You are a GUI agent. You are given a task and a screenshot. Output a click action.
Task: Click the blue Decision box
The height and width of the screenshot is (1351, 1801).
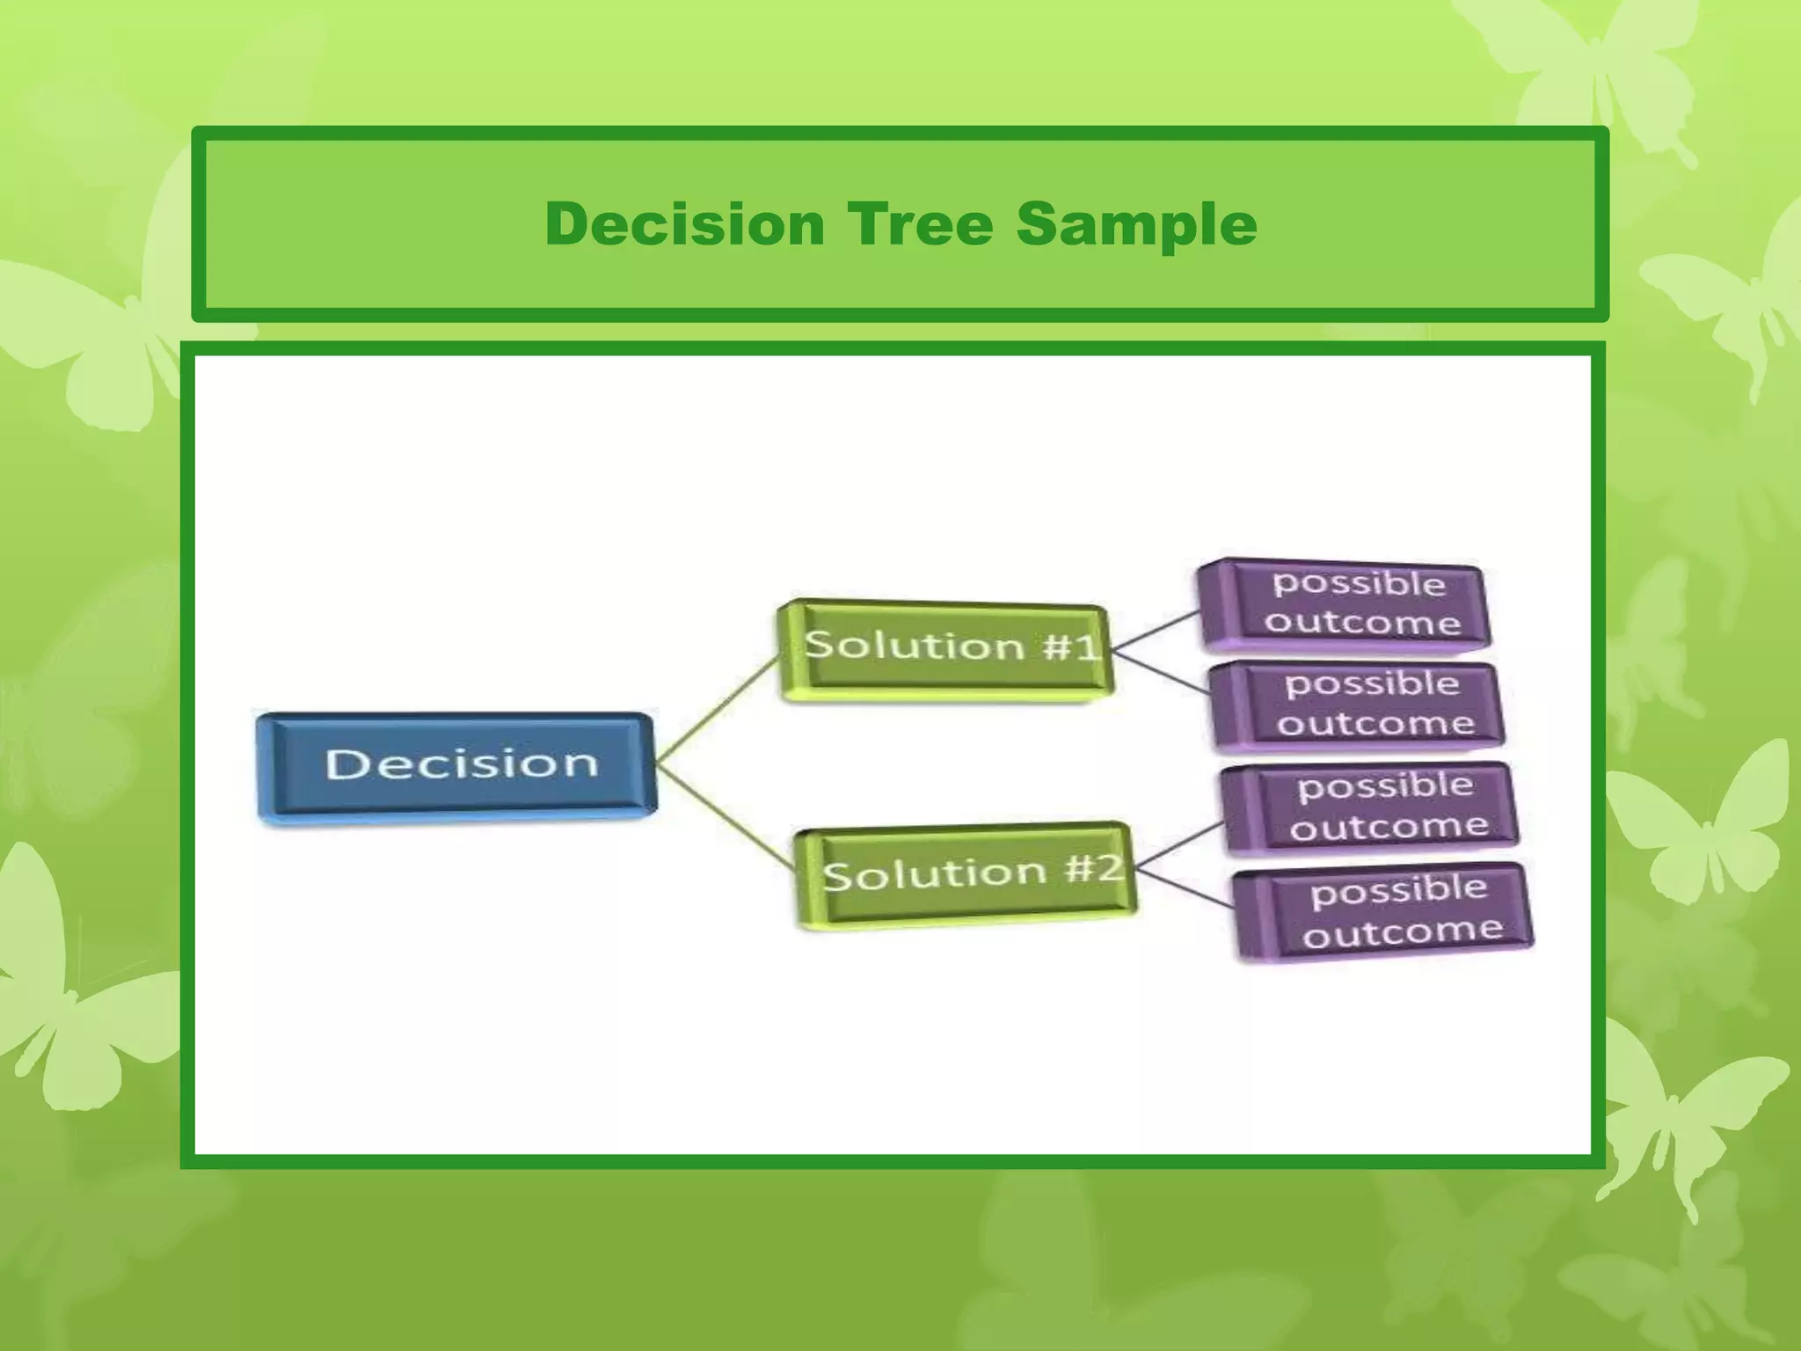pos(457,765)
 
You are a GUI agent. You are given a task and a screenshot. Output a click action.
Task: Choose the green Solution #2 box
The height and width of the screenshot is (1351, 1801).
pos(966,873)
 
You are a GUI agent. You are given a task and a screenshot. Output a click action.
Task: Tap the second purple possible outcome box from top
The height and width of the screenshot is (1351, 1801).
pos(1359,705)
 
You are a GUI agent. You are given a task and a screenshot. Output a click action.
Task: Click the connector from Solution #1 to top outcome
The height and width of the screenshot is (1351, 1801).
pos(1156,631)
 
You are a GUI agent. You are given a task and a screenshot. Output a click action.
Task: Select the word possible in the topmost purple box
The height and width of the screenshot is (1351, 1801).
pos(1359,583)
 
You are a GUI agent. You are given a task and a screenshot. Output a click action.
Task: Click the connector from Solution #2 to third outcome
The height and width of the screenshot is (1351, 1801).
pos(1178,846)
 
